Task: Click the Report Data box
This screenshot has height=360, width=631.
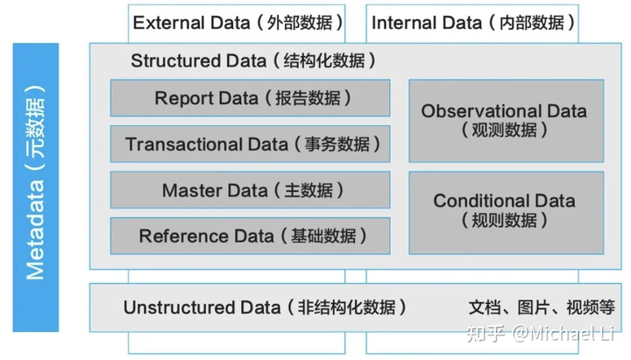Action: [x=251, y=98]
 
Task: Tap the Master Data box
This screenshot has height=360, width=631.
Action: [x=251, y=190]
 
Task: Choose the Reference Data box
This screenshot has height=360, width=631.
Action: [x=251, y=236]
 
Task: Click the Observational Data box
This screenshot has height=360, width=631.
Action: [x=506, y=121]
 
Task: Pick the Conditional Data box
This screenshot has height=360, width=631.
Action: [x=506, y=210]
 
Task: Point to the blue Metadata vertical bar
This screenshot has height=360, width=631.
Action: [x=36, y=187]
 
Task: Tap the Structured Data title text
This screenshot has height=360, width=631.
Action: [x=254, y=60]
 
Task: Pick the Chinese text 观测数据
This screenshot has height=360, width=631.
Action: [x=504, y=131]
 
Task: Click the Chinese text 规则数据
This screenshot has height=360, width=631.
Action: [x=504, y=220]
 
